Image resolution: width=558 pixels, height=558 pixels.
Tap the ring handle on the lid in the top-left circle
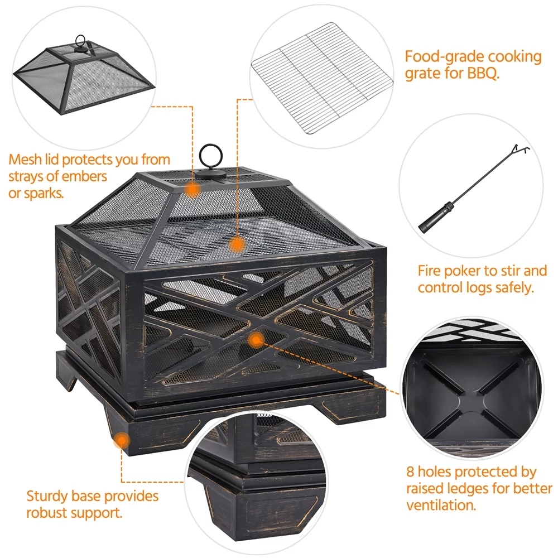[x=81, y=36]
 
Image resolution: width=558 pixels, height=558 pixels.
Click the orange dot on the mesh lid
[x=192, y=189]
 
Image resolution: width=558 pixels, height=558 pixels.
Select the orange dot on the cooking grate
[x=237, y=245]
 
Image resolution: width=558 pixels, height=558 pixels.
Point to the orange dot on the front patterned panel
[x=256, y=340]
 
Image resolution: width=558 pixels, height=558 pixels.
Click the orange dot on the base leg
[x=122, y=441]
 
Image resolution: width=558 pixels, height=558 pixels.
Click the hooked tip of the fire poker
[x=521, y=149]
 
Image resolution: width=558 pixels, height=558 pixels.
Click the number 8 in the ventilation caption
[x=410, y=472]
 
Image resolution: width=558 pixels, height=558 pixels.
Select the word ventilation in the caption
[x=441, y=506]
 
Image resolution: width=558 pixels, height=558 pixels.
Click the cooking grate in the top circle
[x=323, y=78]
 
